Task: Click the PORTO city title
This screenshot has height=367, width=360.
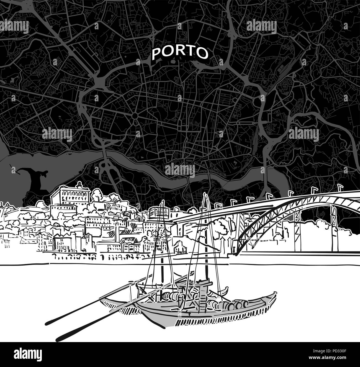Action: point(180,52)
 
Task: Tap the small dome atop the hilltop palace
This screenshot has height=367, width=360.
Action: point(80,184)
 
